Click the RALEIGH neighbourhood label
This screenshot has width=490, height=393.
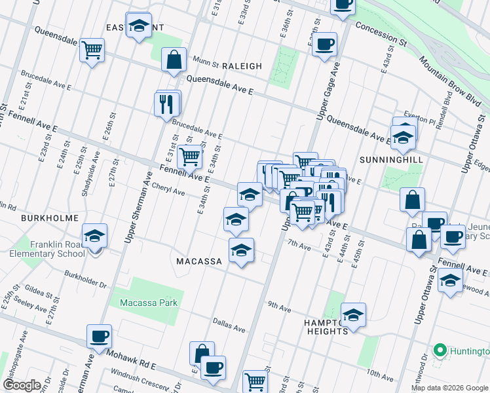(x=242, y=66)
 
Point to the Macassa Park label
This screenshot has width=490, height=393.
(x=149, y=303)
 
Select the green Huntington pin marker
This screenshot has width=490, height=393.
(x=440, y=350)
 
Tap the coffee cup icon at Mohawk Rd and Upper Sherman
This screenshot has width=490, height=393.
(x=100, y=337)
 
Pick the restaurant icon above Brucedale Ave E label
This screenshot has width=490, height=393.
(x=166, y=103)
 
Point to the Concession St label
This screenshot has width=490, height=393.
(x=381, y=35)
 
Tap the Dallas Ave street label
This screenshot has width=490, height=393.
(x=229, y=326)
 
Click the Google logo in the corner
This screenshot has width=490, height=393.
(x=22, y=385)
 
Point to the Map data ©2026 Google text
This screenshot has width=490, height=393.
(x=449, y=388)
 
